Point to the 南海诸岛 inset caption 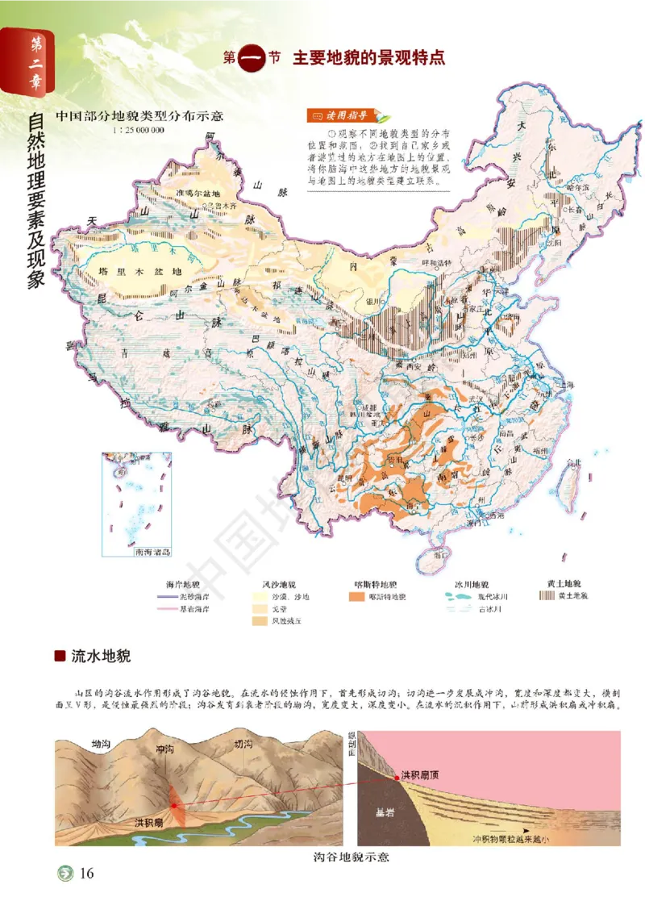click(153, 553)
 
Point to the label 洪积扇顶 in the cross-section click(422, 774)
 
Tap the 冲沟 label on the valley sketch click(165, 749)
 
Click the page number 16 click(87, 874)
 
